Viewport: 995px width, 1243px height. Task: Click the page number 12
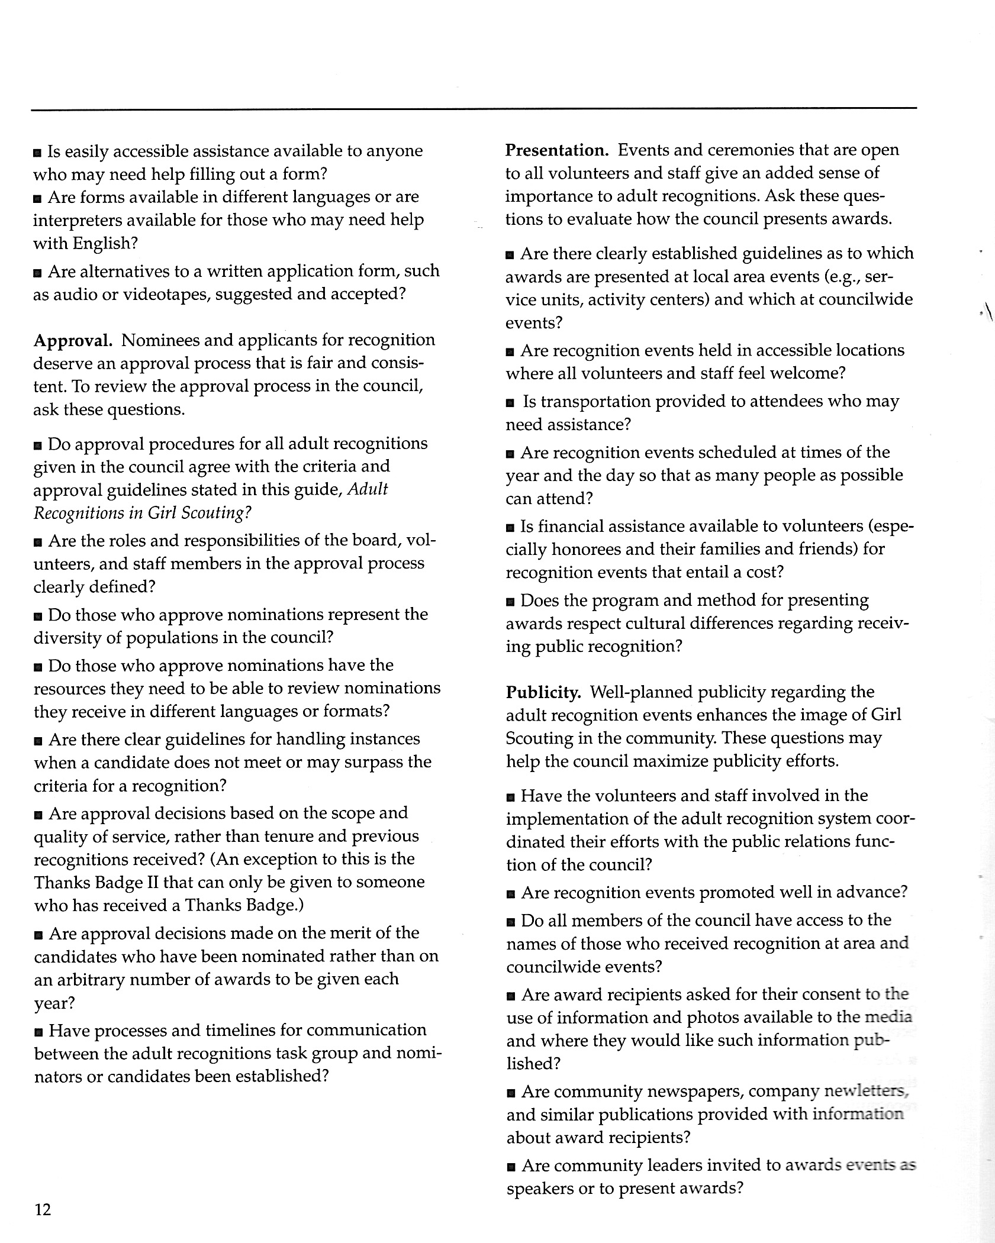click(43, 1209)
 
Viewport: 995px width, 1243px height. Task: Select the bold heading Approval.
click(73, 340)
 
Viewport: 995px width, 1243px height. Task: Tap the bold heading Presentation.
click(556, 150)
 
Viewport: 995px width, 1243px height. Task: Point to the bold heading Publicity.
click(543, 692)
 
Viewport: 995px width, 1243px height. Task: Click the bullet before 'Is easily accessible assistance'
click(38, 153)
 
